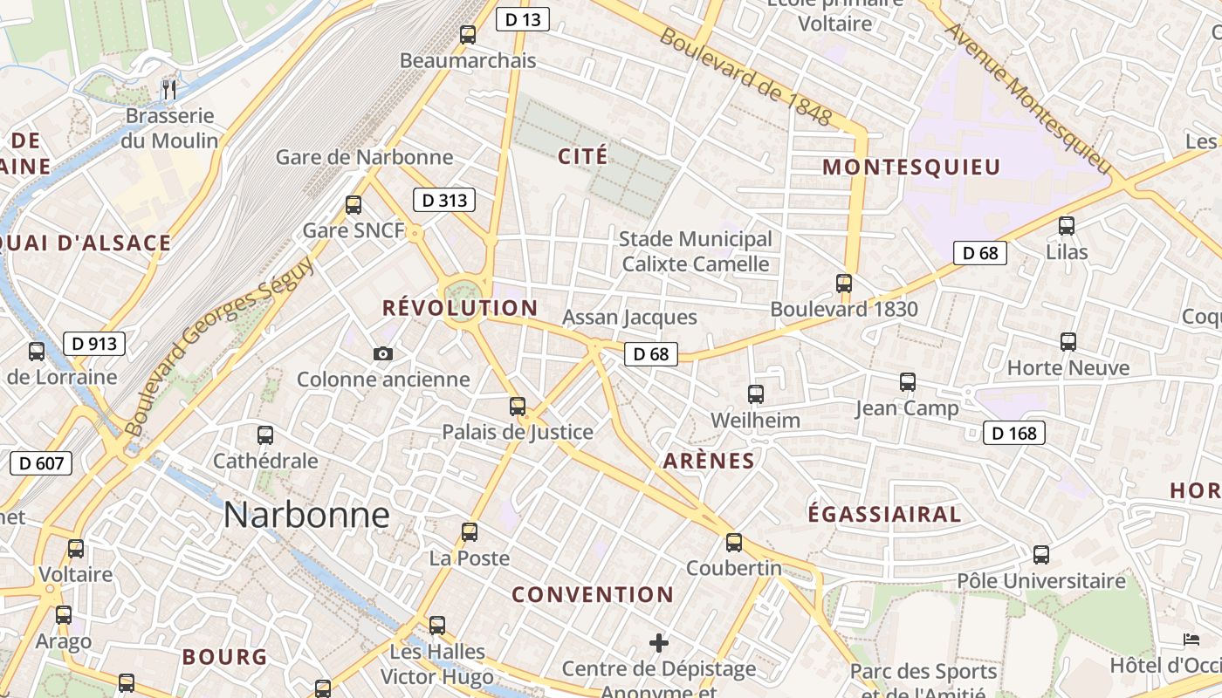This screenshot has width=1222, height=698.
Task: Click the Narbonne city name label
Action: tap(306, 515)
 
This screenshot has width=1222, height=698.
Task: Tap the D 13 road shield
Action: tap(522, 19)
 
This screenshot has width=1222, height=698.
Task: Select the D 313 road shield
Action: tap(444, 200)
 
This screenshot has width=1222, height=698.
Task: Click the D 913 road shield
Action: tap(94, 344)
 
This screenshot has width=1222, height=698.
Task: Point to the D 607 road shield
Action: tap(41, 462)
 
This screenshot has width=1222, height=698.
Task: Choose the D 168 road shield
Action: tap(1014, 433)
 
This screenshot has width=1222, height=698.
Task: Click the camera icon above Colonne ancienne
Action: tap(382, 353)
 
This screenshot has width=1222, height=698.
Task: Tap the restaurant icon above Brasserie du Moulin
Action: tap(169, 89)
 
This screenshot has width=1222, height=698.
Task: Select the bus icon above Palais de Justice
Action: tap(518, 406)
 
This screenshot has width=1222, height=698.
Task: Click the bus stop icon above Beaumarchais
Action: tap(468, 35)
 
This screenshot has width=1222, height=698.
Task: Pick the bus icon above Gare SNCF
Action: tap(354, 205)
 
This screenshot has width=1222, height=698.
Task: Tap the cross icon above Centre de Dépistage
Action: tap(659, 643)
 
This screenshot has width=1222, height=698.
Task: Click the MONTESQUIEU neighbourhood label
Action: tap(911, 167)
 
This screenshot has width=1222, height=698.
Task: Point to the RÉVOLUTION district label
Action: tap(460, 308)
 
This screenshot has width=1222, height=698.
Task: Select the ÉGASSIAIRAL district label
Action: tap(884, 515)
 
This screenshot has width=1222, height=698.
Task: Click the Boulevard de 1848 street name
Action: tap(745, 77)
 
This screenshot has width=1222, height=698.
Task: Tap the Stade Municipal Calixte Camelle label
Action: tap(696, 251)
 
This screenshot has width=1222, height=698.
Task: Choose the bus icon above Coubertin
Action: tap(734, 542)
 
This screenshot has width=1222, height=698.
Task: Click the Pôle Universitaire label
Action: tap(1041, 581)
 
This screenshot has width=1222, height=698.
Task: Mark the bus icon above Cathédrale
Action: tap(265, 435)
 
